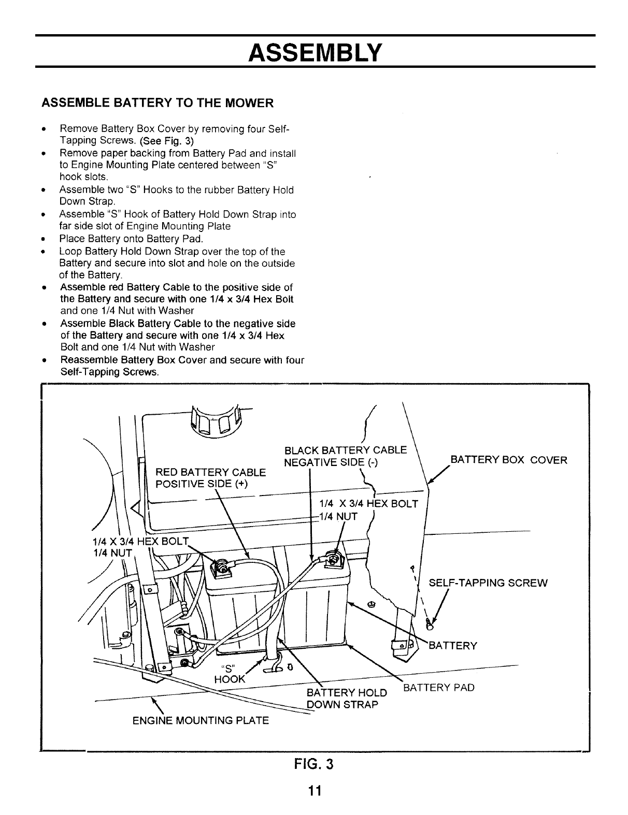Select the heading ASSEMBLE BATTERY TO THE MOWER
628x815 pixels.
pyautogui.click(x=156, y=103)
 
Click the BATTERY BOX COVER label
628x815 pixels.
pyautogui.click(x=509, y=460)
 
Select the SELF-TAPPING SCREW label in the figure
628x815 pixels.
pyautogui.click(x=488, y=583)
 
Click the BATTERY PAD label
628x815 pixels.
pyautogui.click(x=439, y=688)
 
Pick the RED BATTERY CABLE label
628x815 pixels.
pyautogui.click(x=211, y=472)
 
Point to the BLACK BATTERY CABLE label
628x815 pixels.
pyautogui.click(x=346, y=449)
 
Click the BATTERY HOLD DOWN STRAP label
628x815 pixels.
pyautogui.click(x=346, y=698)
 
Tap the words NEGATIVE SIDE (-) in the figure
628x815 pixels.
pyautogui.click(x=331, y=462)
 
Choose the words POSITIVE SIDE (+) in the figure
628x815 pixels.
pyautogui.click(x=202, y=484)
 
